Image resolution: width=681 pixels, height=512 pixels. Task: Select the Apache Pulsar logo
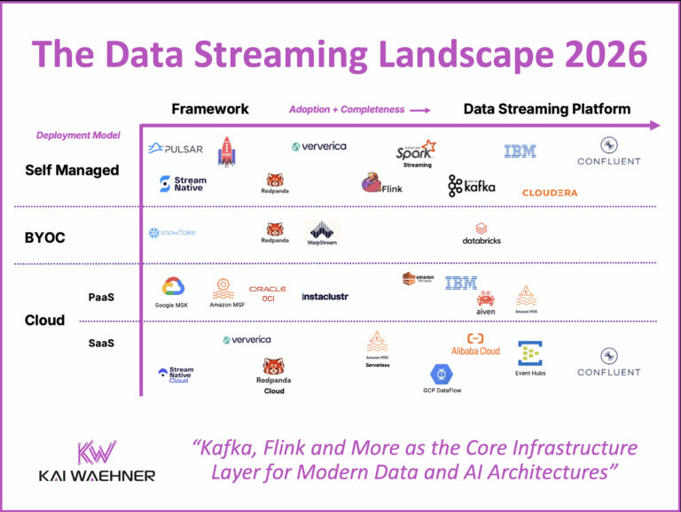tap(176, 148)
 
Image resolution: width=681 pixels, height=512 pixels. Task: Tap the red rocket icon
tap(227, 151)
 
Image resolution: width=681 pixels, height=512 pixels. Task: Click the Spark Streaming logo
tap(417, 152)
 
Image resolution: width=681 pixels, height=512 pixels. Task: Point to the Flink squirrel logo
tap(381, 183)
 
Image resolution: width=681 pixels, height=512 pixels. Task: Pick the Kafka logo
tap(472, 185)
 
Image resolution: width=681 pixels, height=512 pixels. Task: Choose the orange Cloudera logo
tap(550, 192)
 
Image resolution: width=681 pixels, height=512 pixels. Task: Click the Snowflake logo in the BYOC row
tap(172, 232)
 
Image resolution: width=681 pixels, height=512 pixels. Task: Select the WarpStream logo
tap(322, 233)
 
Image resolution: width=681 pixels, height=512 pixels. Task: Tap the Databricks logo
tap(481, 233)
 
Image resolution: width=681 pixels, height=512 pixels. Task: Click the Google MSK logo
tap(174, 291)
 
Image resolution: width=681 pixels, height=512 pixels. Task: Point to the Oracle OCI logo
tap(268, 293)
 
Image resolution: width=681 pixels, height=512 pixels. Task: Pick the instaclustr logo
tap(325, 296)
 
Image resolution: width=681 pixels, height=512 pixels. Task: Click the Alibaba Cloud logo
tap(476, 345)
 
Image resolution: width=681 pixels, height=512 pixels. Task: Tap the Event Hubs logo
tap(530, 358)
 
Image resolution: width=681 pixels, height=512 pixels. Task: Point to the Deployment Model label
tap(78, 136)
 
